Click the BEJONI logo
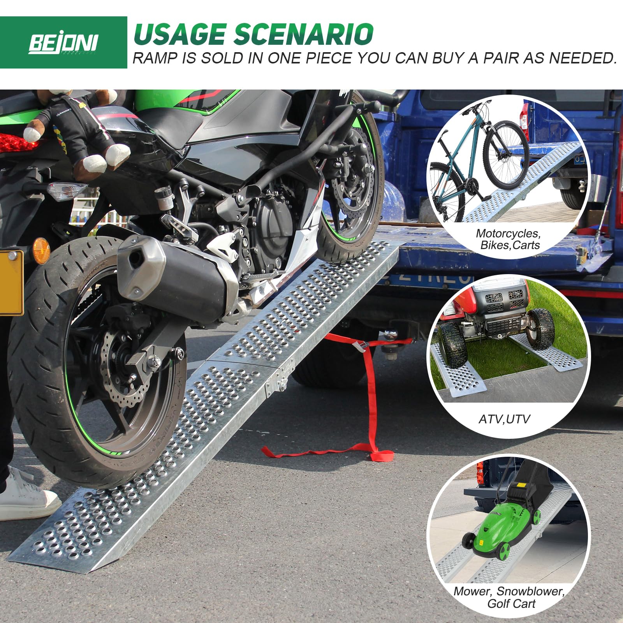(x=63, y=43)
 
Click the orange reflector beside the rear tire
(x=41, y=251)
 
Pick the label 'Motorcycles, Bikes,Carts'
(x=508, y=239)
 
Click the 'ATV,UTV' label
(x=504, y=419)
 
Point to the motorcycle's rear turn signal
(x=66, y=191)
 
